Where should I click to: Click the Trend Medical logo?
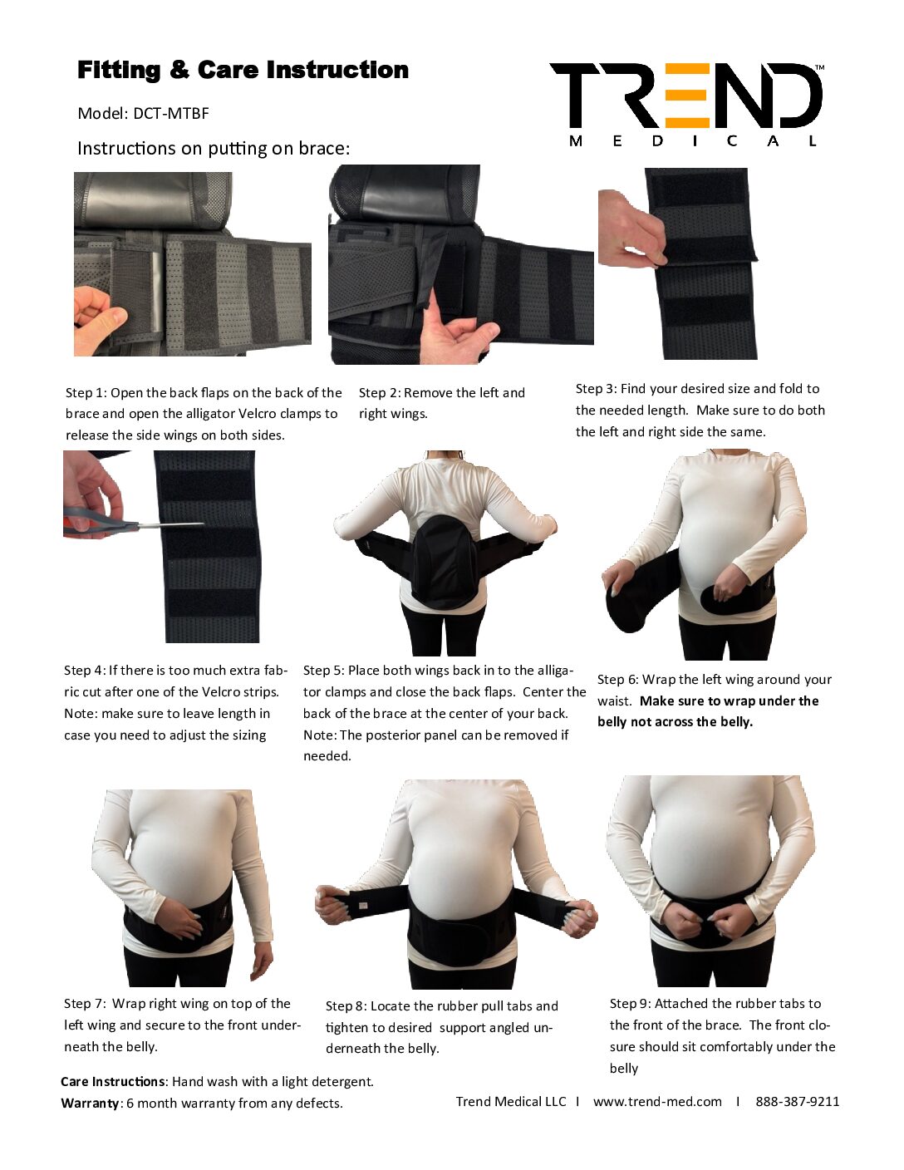point(686,105)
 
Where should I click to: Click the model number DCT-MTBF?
point(170,114)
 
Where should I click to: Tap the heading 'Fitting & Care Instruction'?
point(243,70)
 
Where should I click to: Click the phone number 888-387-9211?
point(797,1101)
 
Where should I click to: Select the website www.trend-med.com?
point(657,1101)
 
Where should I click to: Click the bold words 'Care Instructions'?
point(112,1081)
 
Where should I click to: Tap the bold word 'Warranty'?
point(90,1103)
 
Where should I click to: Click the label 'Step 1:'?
point(86,392)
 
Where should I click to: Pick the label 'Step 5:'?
point(323,671)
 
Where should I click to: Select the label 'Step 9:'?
point(630,1004)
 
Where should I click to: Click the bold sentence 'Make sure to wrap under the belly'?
point(707,711)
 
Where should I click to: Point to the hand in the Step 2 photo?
point(458,334)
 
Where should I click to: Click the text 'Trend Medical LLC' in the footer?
point(511,1101)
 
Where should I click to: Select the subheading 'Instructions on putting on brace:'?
point(214,148)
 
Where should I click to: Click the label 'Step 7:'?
point(84,1004)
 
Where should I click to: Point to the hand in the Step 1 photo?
point(101,321)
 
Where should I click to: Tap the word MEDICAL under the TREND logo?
point(693,141)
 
